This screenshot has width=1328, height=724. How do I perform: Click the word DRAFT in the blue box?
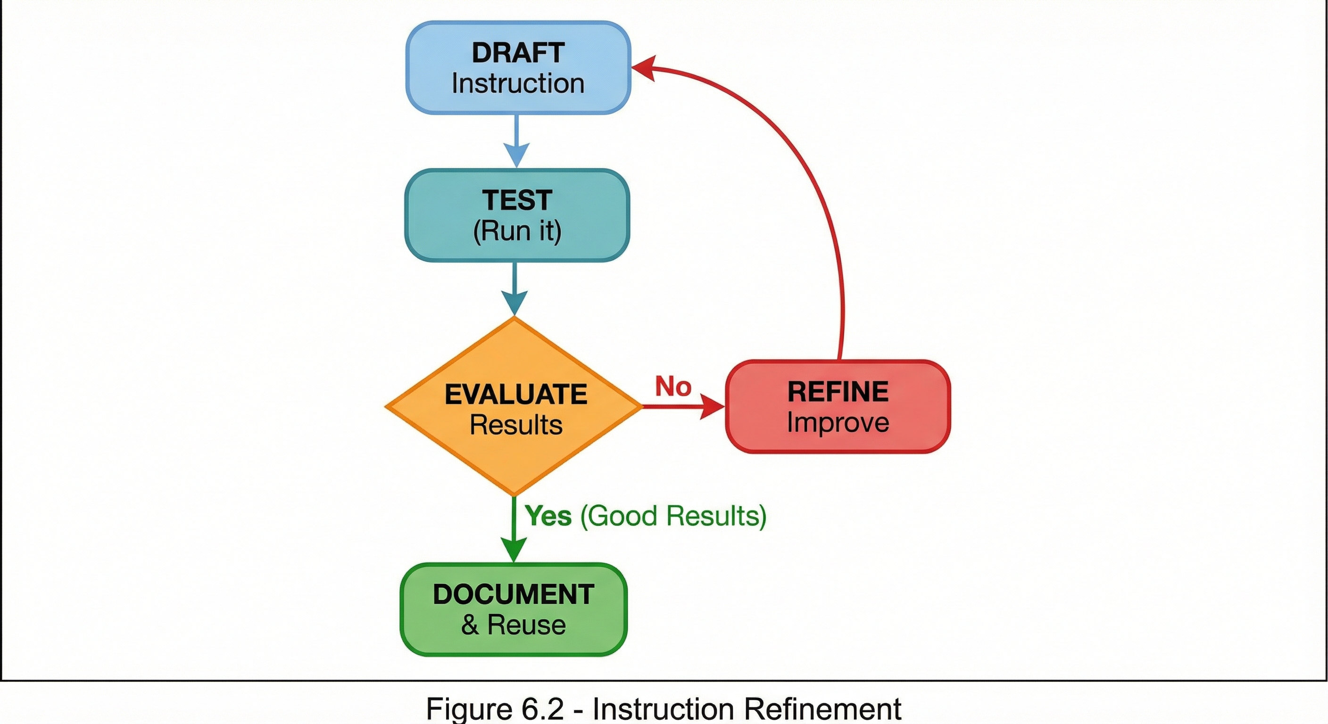coord(518,53)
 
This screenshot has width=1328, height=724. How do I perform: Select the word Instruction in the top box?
coord(518,83)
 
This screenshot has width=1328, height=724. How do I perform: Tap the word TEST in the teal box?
coord(517,200)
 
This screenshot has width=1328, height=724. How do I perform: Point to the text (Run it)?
coord(517,230)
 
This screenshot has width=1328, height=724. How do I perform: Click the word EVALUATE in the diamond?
coord(515,395)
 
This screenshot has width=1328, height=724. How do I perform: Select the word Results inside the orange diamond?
coord(515,425)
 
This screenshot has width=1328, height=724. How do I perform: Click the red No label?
coord(673,386)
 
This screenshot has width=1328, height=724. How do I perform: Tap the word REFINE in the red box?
coord(838,392)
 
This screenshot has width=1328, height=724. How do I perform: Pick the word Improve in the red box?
coord(838,422)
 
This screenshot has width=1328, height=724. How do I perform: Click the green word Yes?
coord(548,516)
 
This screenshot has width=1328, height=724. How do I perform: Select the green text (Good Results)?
coord(673,516)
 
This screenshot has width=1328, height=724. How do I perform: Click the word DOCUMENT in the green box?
coord(514,594)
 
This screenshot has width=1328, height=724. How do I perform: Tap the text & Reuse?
coord(514,625)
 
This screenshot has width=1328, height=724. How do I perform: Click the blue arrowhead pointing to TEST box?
coord(516,155)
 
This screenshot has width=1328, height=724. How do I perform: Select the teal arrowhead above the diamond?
coord(515,302)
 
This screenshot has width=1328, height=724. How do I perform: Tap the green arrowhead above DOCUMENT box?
coord(514,549)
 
